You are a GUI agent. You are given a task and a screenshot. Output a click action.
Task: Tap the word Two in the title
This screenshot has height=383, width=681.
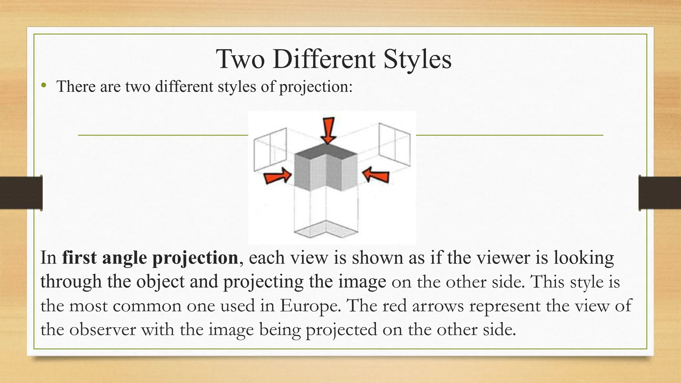(240, 59)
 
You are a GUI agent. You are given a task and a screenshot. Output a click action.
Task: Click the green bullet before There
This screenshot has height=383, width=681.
(43, 86)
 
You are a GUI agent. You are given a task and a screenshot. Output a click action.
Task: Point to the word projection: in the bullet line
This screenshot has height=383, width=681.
(316, 87)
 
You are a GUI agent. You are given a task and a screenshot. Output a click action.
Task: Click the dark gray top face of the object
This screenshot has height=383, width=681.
(326, 151)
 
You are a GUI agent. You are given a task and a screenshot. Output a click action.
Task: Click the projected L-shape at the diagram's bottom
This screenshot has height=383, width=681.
(326, 229)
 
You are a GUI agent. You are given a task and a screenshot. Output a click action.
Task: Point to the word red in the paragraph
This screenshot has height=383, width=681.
(394, 306)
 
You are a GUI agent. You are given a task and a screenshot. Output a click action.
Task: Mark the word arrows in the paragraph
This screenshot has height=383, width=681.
(438, 306)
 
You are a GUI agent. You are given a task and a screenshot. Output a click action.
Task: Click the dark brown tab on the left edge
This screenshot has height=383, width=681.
(21, 193)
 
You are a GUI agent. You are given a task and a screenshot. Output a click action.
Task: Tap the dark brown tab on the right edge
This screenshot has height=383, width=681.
(660, 193)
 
